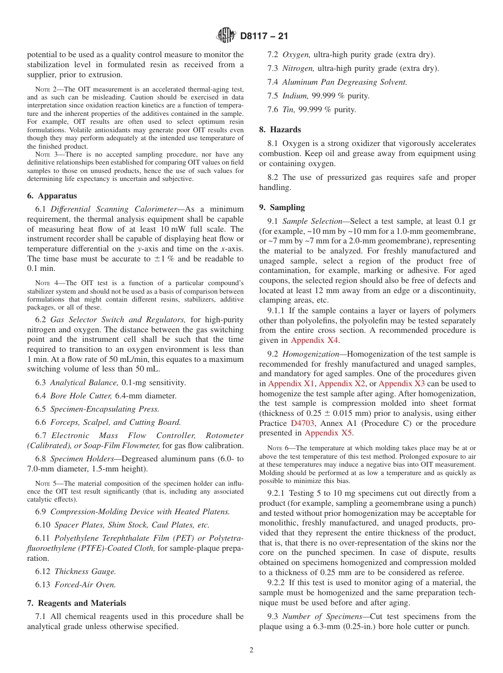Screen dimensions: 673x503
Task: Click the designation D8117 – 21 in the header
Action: tap(264, 37)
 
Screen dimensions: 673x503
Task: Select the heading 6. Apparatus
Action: tap(52, 195)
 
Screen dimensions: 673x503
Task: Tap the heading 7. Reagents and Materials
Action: tap(76, 603)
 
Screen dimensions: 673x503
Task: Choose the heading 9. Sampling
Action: tap(282, 207)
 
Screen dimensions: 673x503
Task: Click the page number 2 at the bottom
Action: tap(251, 650)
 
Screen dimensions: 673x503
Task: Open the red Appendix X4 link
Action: tap(315, 340)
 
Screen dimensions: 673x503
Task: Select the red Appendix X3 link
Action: tap(401, 384)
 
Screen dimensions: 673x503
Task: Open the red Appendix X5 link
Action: tap(328, 433)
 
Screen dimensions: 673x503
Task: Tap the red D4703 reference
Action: tap(303, 423)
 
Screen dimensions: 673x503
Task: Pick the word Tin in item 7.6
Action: tap(289, 110)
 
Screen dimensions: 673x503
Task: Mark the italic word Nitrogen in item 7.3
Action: tap(298, 68)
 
